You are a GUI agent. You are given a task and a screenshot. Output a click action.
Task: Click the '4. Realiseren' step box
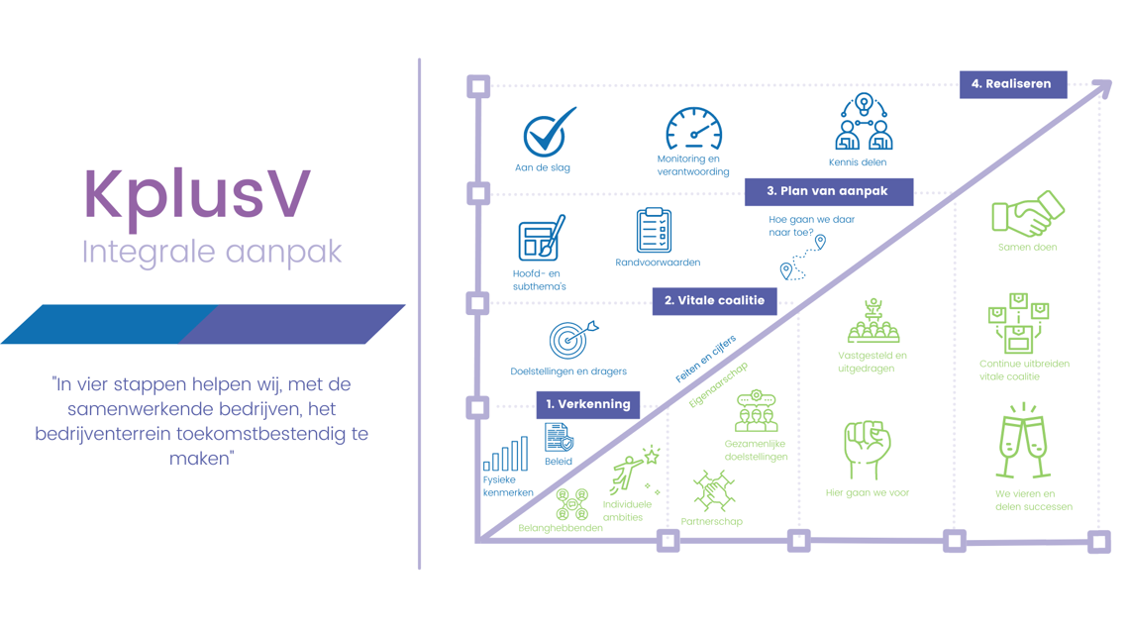[1012, 84]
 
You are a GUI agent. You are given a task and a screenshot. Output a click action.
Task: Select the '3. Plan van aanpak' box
[828, 191]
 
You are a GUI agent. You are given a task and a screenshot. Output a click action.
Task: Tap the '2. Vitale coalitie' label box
[714, 300]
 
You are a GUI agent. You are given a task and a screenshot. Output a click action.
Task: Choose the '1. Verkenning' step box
[588, 404]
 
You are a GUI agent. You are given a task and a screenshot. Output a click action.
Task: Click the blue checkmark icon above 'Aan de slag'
[548, 133]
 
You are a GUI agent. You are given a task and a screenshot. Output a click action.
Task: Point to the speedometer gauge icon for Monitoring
[693, 130]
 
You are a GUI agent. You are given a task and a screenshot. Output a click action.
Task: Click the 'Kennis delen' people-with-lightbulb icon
[864, 123]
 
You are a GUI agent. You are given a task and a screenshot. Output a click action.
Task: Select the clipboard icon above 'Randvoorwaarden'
[654, 230]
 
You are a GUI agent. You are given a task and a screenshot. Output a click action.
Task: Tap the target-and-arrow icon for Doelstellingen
[571, 339]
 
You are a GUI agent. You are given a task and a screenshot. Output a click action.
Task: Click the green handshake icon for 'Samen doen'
[1028, 213]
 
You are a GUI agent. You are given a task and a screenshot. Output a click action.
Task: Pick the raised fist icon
[867, 449]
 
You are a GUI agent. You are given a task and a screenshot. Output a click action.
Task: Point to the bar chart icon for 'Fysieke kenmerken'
[505, 455]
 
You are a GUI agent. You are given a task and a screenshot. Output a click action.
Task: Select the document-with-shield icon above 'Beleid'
[559, 438]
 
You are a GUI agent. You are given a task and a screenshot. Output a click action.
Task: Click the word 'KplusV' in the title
[197, 194]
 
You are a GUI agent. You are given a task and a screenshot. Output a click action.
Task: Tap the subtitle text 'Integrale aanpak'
[212, 252]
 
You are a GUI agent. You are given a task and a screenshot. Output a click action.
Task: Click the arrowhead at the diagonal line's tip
[1100, 89]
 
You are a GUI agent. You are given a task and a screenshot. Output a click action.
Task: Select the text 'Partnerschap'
[711, 521]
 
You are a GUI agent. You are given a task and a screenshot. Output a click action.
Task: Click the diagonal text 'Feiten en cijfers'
[705, 359]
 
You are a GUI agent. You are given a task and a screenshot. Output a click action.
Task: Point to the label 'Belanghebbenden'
[561, 528]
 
